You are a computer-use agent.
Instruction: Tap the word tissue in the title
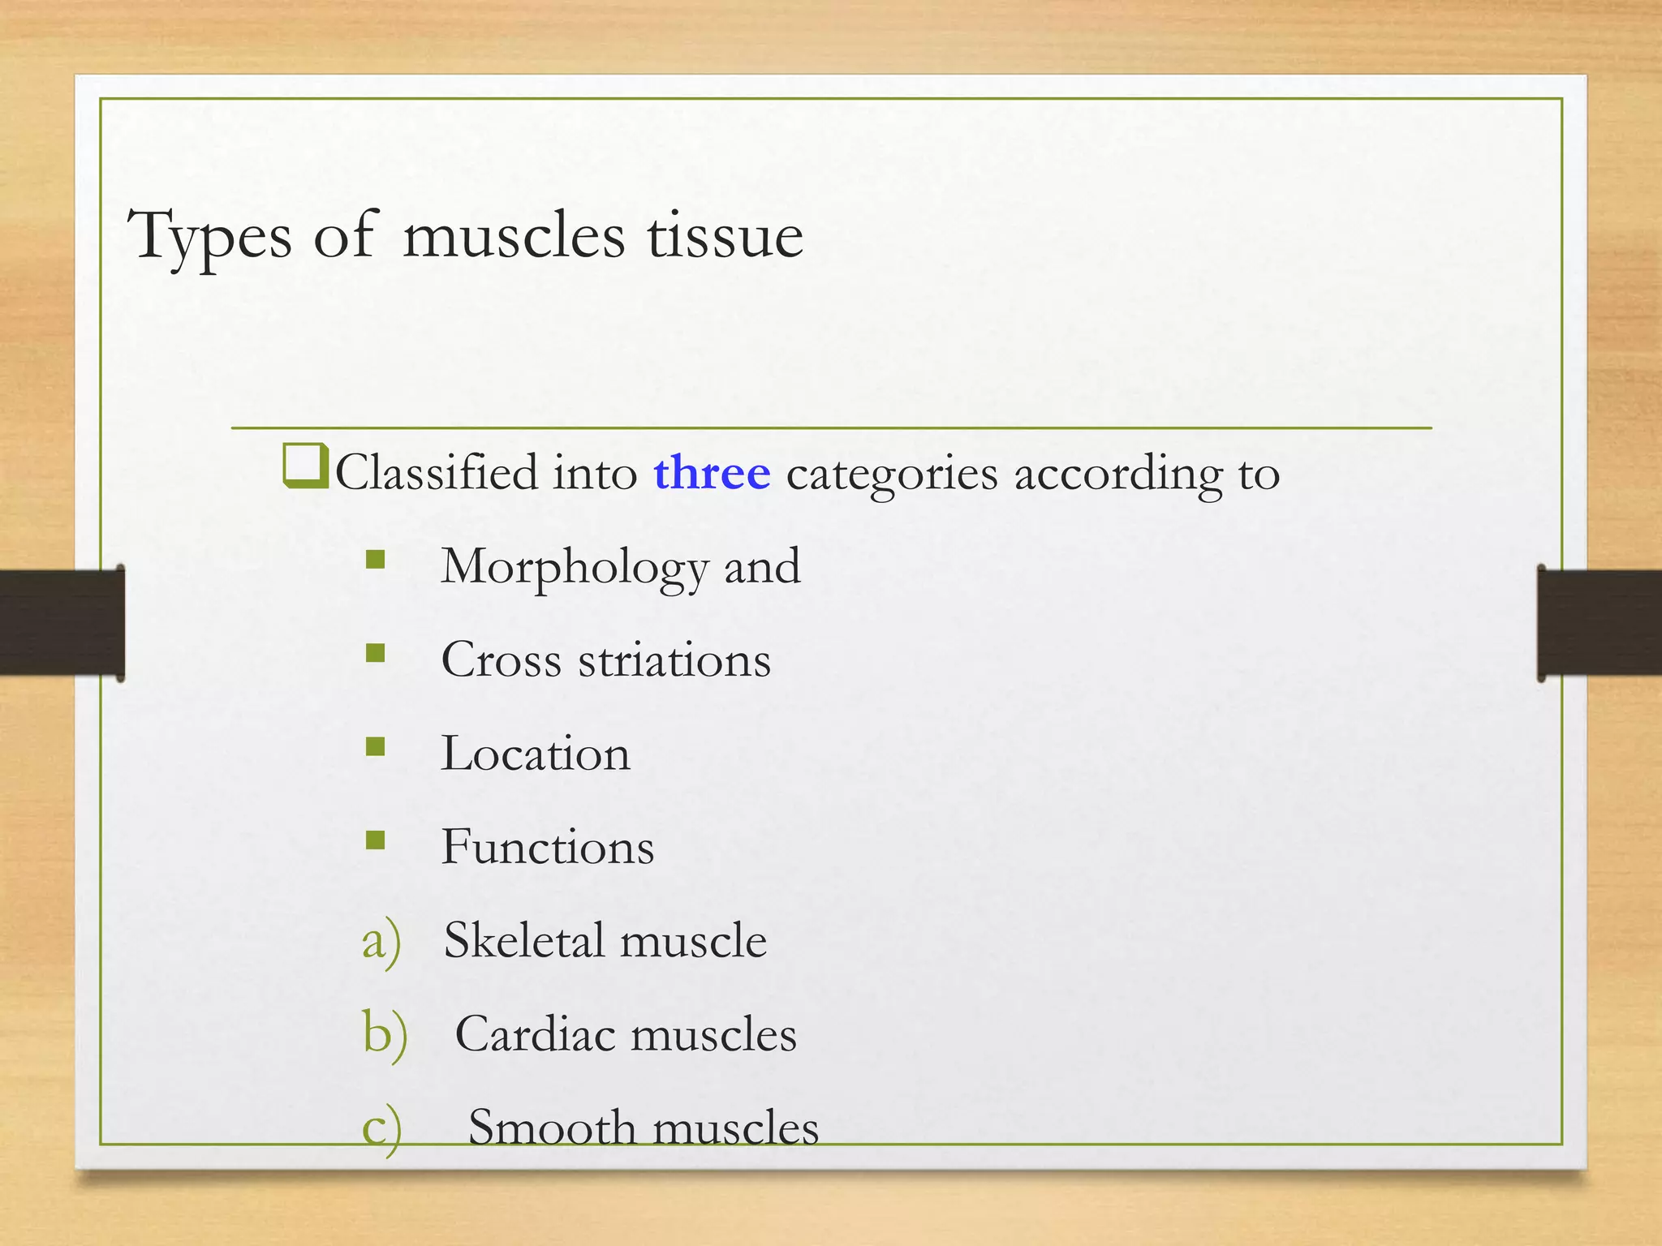coord(725,237)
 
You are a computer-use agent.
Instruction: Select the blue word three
coord(712,473)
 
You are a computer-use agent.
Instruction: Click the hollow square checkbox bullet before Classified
coord(305,467)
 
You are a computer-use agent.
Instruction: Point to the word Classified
coord(437,473)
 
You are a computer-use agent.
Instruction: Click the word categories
coord(892,475)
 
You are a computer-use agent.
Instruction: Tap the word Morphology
coord(575,567)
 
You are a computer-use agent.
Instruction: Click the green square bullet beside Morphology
coord(375,560)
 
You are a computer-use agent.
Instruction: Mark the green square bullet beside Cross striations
coord(375,653)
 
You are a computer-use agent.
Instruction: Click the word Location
coord(536,754)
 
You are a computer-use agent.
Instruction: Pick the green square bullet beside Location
coord(375,746)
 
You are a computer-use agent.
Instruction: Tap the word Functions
coord(548,847)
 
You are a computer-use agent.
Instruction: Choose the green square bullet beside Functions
coord(375,840)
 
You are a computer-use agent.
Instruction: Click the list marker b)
coord(384,1036)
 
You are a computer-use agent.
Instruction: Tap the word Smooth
coord(552,1128)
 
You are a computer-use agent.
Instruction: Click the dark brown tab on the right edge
coord(1600,622)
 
